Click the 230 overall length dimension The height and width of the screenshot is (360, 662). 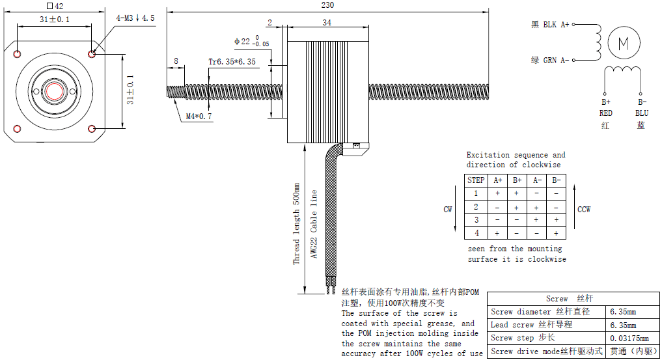click(x=327, y=5)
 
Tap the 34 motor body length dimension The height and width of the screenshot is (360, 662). click(x=327, y=23)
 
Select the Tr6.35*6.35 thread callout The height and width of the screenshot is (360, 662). click(x=232, y=62)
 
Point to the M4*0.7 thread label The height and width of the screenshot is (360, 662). click(x=199, y=117)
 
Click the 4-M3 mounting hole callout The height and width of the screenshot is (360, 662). click(x=135, y=18)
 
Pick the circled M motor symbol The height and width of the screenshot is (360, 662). click(x=623, y=43)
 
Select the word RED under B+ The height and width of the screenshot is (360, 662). click(x=606, y=113)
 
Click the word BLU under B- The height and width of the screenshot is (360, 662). click(x=642, y=113)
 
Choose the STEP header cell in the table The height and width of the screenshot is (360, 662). click(x=476, y=180)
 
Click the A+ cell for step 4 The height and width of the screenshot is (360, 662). click(x=498, y=232)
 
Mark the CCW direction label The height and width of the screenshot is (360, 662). click(x=585, y=210)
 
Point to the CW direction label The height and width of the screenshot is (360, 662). click(x=448, y=210)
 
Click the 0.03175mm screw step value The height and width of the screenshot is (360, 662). click(x=629, y=338)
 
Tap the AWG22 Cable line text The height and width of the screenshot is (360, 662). click(x=314, y=224)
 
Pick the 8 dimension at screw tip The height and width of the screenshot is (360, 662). click(x=175, y=61)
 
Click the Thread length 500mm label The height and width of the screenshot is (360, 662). click(x=296, y=224)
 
